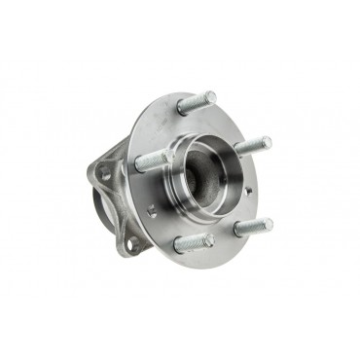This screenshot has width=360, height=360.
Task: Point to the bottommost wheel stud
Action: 195,241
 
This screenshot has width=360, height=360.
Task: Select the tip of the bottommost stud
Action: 209,237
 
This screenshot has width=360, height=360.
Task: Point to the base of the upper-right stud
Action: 237,150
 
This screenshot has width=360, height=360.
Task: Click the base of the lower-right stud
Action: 236,231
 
